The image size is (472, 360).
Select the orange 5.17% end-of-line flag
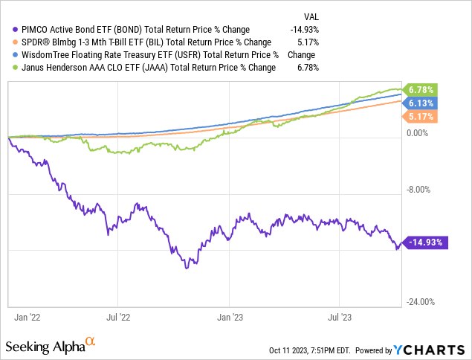(x=418, y=117)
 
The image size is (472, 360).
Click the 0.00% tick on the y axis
(x=420, y=133)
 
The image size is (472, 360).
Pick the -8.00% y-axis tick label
(x=419, y=190)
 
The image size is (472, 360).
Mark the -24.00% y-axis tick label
(x=420, y=302)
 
